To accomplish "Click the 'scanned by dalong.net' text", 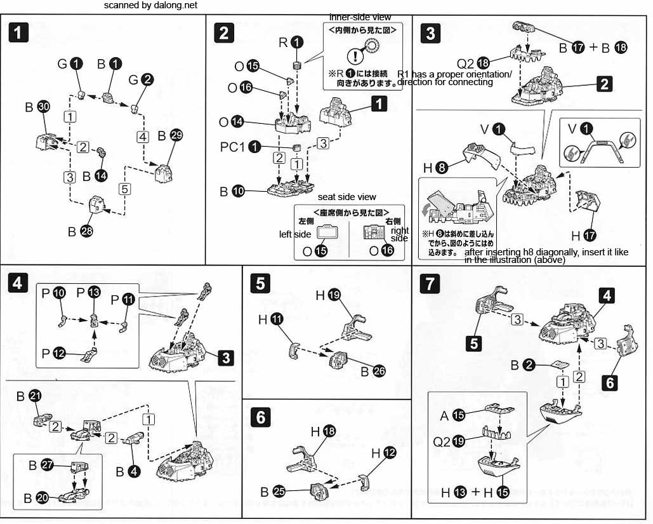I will (x=150, y=5).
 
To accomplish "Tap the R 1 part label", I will (x=291, y=42).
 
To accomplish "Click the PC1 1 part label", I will (x=241, y=147).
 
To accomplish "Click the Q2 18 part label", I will (x=473, y=64).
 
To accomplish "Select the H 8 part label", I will (x=435, y=167).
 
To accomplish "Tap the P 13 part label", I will (x=88, y=293).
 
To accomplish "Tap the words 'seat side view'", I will (x=347, y=197).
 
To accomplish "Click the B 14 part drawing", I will (x=102, y=152).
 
